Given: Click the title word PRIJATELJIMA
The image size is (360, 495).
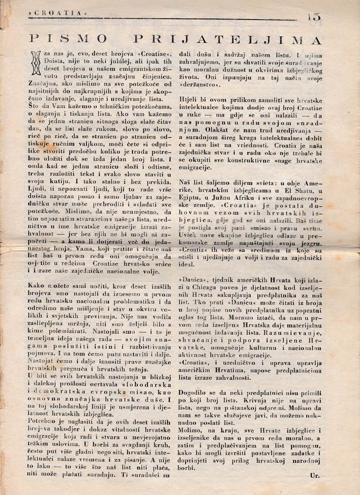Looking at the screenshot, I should click(229, 40).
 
